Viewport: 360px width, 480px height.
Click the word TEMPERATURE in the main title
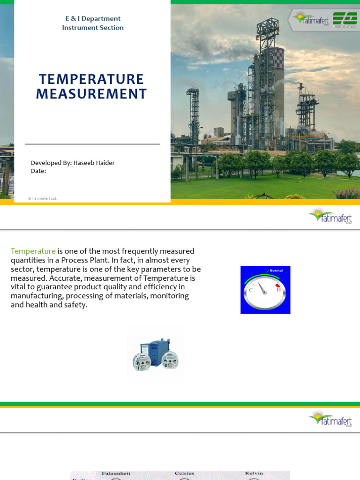tap(91, 79)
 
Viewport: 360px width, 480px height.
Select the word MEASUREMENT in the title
tap(91, 94)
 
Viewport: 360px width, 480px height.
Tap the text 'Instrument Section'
tap(93, 28)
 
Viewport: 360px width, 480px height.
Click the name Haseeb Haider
tap(94, 163)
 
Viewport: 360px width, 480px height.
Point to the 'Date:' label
tap(38, 171)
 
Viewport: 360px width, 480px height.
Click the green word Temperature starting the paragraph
tap(33, 251)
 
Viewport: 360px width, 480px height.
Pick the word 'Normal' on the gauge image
tap(276, 270)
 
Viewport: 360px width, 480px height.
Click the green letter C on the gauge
tap(251, 290)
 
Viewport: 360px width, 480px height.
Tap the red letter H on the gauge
tap(278, 290)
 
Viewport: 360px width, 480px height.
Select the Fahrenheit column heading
tap(115, 473)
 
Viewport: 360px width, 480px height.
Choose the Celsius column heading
tap(184, 473)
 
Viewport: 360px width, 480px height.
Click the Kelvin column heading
tap(254, 473)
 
